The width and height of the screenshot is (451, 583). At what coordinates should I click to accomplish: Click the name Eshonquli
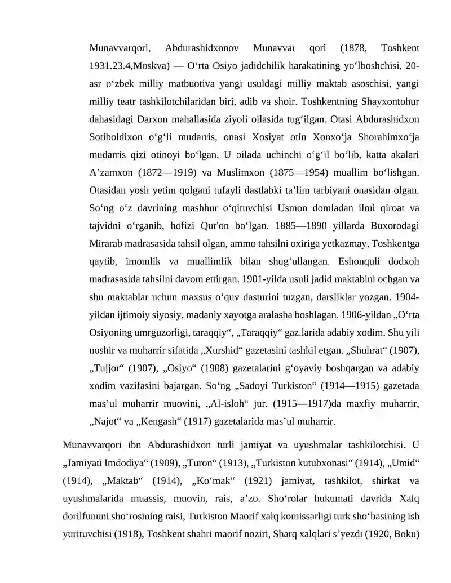pyautogui.click(x=360, y=261)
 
